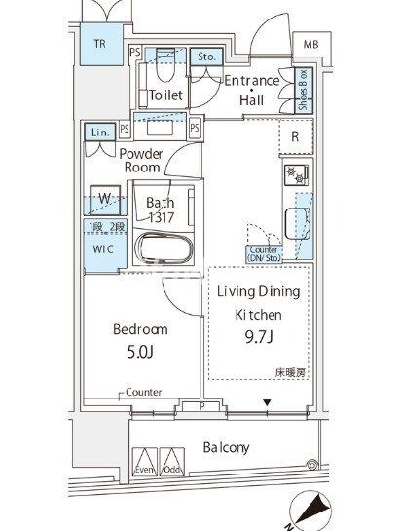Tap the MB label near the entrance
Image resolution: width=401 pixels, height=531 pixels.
click(310, 45)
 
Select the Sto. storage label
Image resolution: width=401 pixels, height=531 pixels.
click(206, 57)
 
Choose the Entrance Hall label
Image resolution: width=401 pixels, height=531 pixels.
click(251, 90)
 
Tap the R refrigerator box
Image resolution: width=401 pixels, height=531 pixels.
click(294, 136)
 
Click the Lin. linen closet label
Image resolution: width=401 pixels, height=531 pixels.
click(100, 132)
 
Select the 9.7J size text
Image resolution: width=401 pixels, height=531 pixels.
click(258, 336)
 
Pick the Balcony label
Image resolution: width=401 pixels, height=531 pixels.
click(226, 448)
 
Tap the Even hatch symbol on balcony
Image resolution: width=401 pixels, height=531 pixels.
click(144, 462)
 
